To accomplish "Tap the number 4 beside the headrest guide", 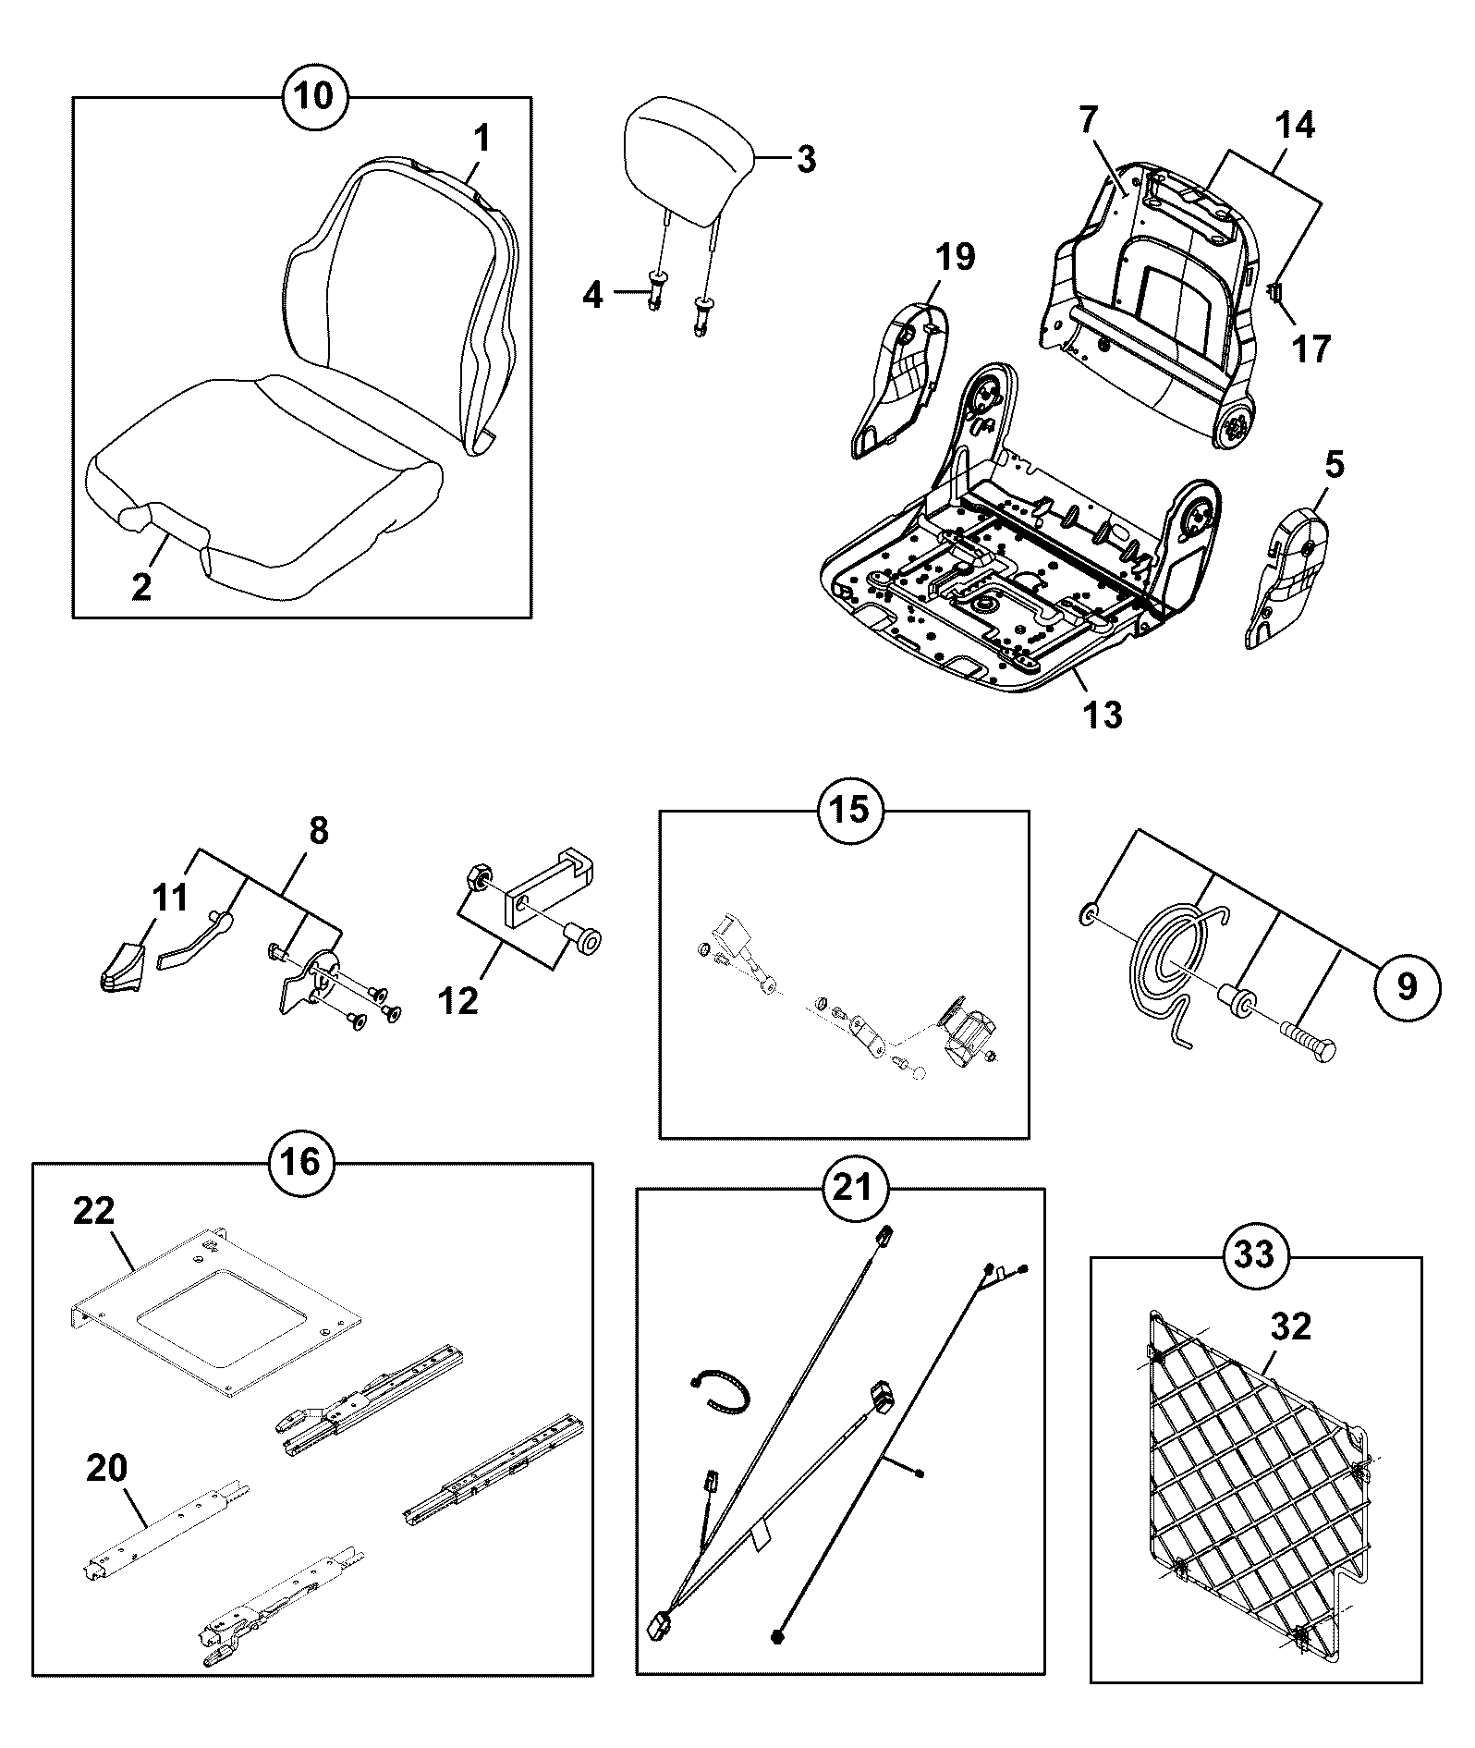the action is point(593,296).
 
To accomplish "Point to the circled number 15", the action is point(851,811).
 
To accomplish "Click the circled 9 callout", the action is point(1407,986).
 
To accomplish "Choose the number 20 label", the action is point(106,1468).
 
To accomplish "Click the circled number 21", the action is point(852,1186).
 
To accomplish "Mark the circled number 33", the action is point(1256,1254).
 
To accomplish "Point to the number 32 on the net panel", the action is point(1291,1327).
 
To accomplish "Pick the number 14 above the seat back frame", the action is point(1296,124).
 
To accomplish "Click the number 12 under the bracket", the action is point(459,1000).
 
